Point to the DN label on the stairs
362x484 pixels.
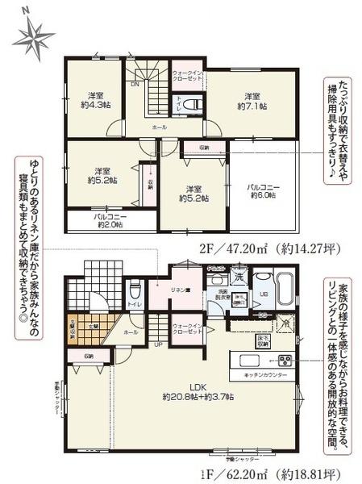[x=135, y=85]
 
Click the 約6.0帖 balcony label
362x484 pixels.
[x=263, y=191]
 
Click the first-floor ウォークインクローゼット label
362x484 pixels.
[x=187, y=329]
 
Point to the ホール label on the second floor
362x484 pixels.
[x=160, y=127]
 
